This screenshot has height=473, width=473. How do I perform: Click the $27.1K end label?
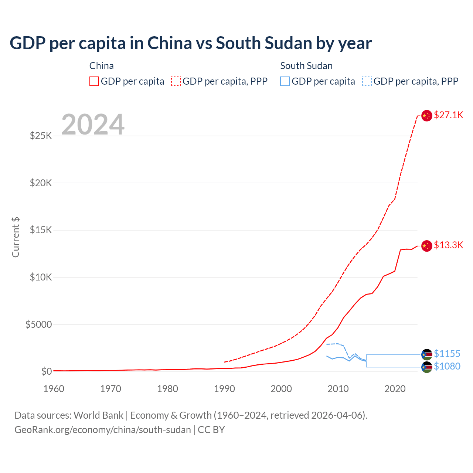tap(448, 115)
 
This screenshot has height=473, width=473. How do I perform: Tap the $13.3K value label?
tap(448, 245)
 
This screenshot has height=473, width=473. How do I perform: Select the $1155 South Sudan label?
tap(447, 354)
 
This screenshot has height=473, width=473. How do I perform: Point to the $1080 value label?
tap(447, 366)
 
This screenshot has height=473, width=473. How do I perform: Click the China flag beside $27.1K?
tap(427, 116)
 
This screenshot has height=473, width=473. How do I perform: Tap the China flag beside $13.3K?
tap(427, 246)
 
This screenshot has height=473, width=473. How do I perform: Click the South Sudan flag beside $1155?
tap(427, 355)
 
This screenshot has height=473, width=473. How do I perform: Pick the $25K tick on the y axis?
tap(41, 136)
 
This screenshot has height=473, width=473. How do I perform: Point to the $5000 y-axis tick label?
tap(39, 324)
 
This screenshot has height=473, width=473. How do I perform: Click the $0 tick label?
tap(46, 371)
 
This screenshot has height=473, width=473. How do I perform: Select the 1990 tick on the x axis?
tap(224, 389)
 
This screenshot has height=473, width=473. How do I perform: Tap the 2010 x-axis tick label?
tap(338, 389)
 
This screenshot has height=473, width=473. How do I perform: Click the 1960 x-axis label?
tap(54, 389)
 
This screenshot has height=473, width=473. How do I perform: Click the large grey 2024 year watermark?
tap(93, 125)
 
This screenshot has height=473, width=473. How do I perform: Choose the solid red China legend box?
tap(94, 81)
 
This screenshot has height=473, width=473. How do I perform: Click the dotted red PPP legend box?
tap(176, 81)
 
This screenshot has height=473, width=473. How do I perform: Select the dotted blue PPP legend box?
tap(367, 81)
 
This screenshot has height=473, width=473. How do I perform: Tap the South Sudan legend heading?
tap(306, 66)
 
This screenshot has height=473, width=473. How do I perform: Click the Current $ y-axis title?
tap(16, 237)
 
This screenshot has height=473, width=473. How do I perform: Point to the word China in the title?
tap(170, 43)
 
